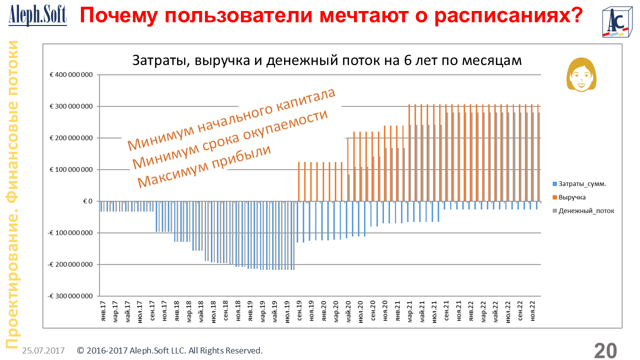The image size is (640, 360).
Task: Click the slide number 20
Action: pos(605,350)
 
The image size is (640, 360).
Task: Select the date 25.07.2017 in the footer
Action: pos(43,351)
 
